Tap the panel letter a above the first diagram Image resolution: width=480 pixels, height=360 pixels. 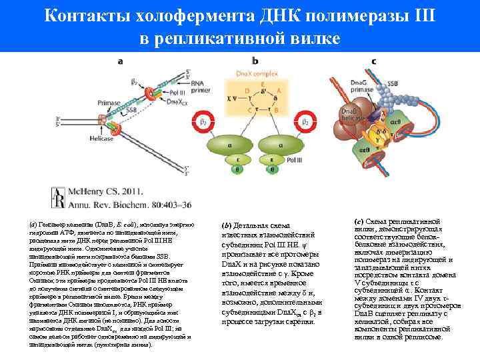(121, 61)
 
